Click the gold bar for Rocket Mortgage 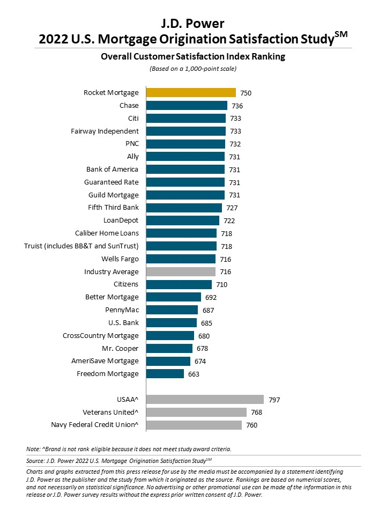[x=191, y=93]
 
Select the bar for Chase [x=187, y=106]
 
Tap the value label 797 [x=274, y=400]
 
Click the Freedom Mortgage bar [x=165, y=374]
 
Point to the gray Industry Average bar [x=181, y=272]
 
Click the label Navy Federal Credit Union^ [x=95, y=425]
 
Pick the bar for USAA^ [x=205, y=400]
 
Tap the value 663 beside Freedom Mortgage [x=194, y=374]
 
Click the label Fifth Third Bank [x=113, y=208]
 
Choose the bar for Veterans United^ [x=196, y=413]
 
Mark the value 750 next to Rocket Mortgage [x=246, y=93]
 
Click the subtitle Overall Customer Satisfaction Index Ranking [x=192, y=56]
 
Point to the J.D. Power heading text [x=192, y=23]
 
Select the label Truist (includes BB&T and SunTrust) [x=81, y=246]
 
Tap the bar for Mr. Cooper [x=169, y=348]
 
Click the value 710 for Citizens [x=221, y=285]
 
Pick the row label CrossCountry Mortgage [x=101, y=336]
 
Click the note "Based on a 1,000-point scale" [x=192, y=69]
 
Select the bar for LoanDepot [x=183, y=220]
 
